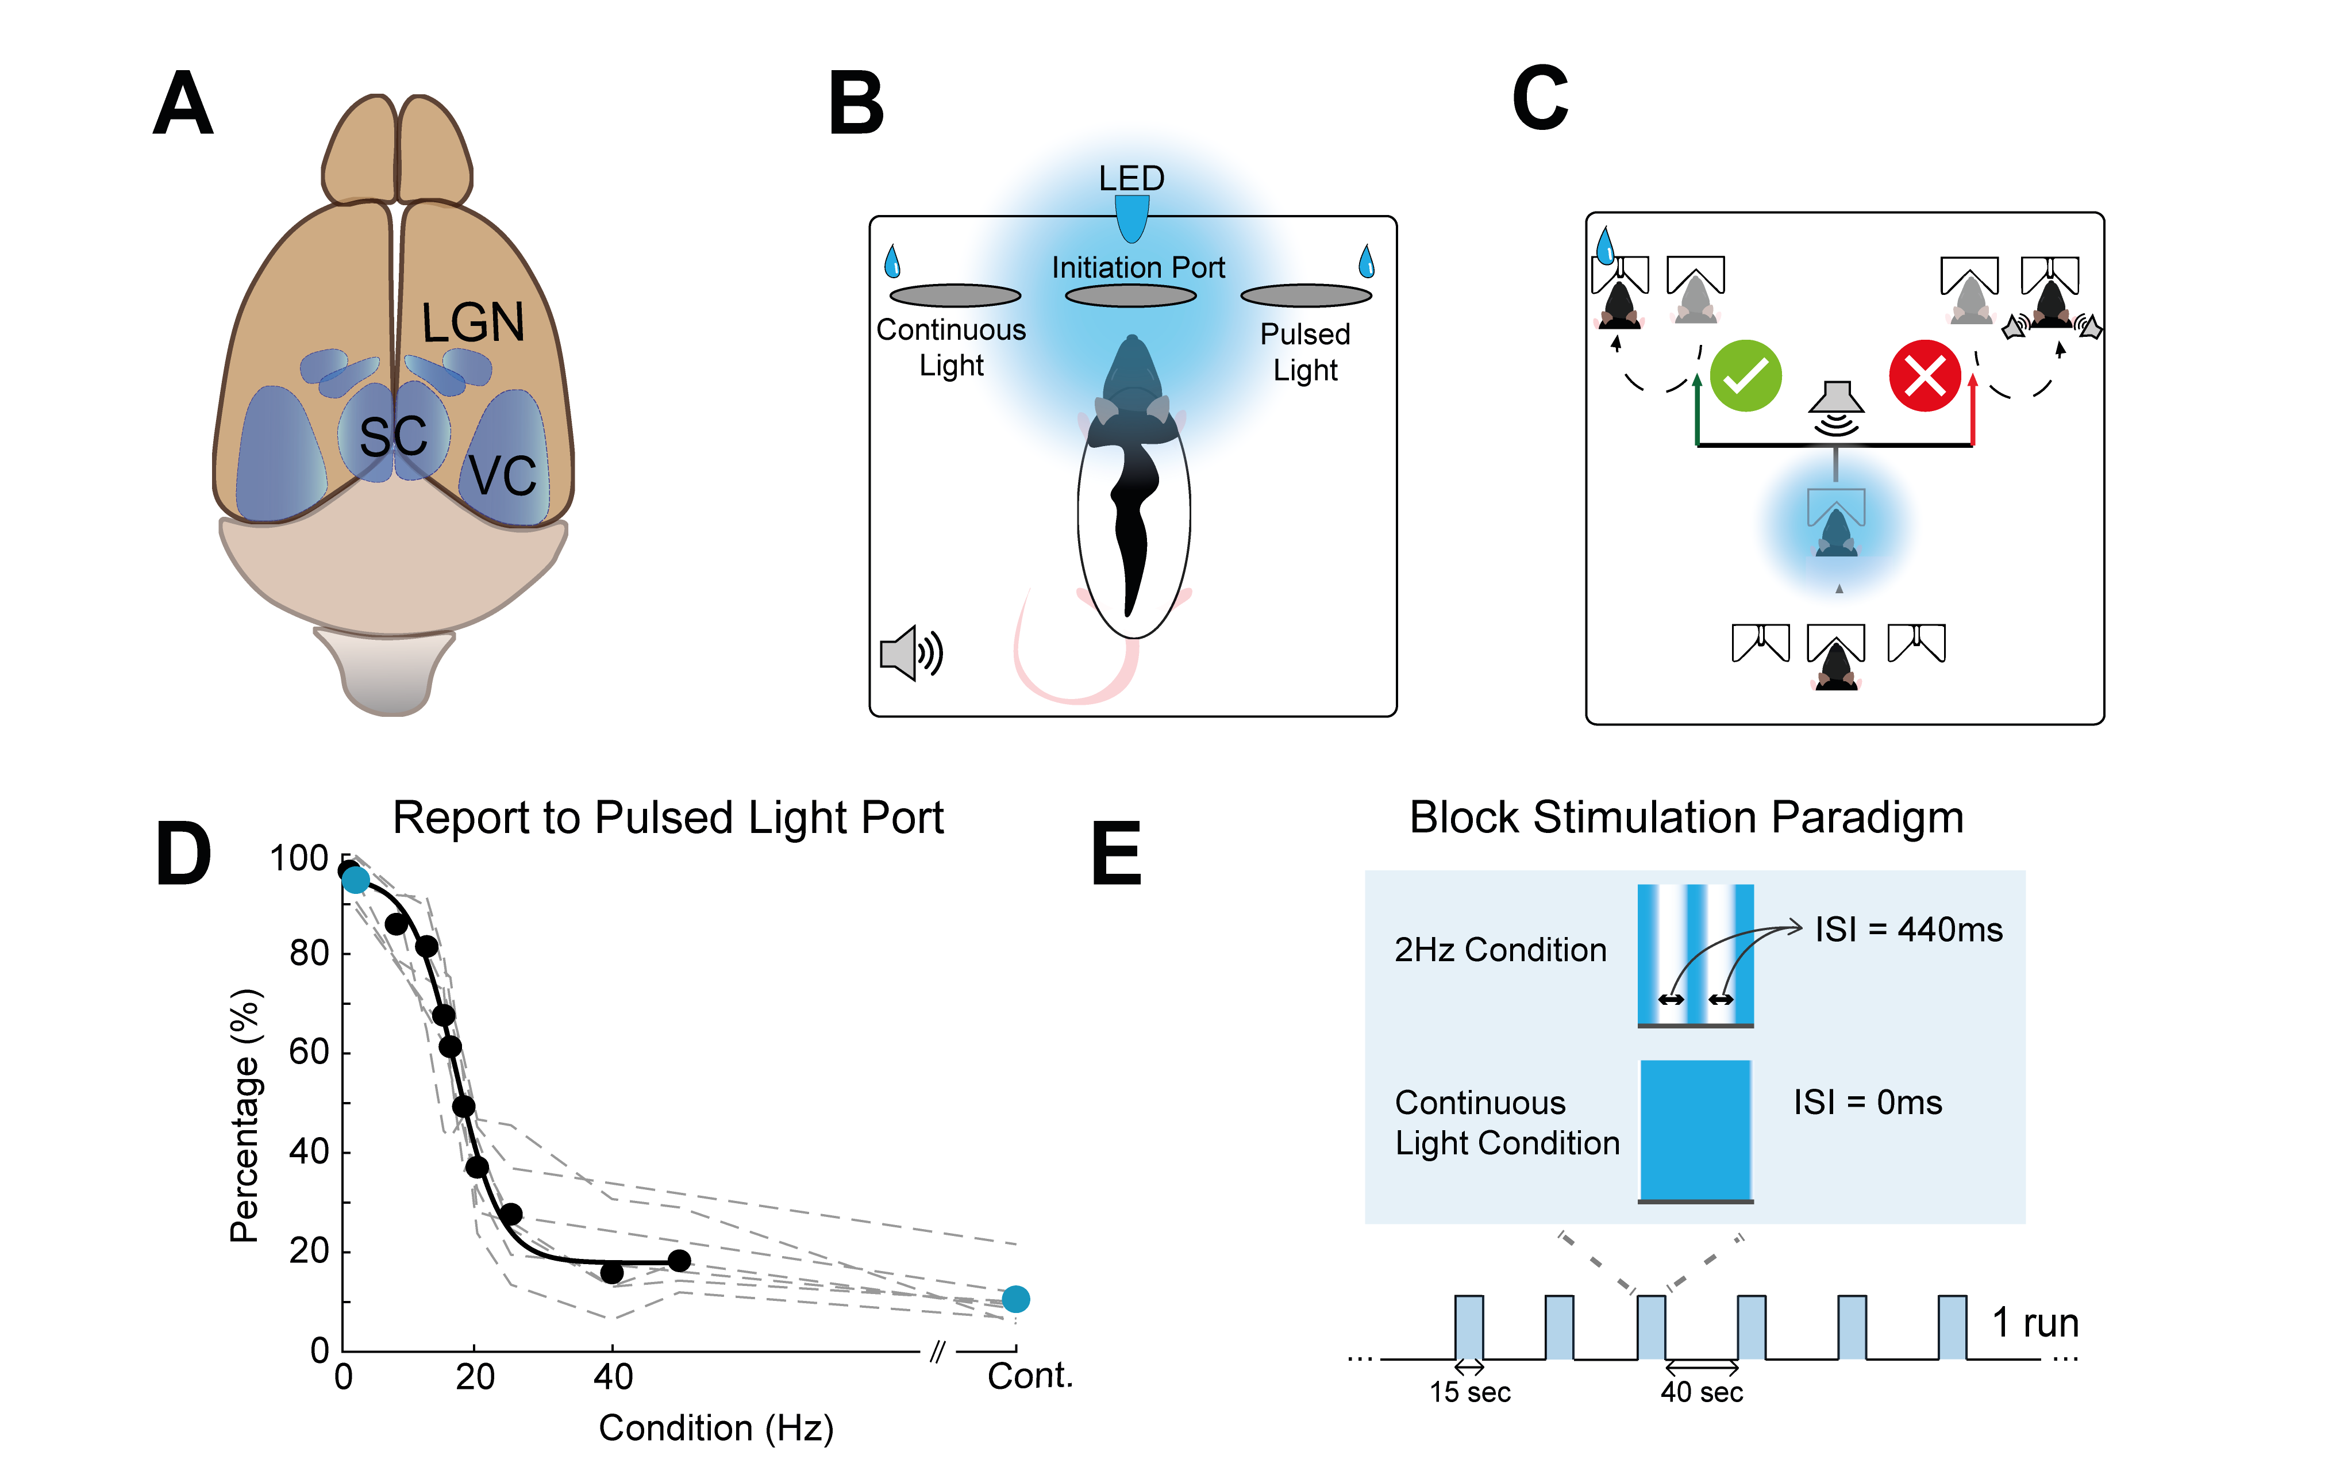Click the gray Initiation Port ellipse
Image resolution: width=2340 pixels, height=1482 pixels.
pos(1130,295)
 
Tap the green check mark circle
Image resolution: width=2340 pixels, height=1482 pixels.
pos(1745,376)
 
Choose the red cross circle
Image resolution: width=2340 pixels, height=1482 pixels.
pos(1924,376)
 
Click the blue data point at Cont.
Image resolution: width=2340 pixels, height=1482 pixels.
pos(1015,1298)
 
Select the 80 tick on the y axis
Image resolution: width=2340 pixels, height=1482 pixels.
pos(309,953)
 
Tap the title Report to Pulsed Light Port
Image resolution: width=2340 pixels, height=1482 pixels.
pos(668,818)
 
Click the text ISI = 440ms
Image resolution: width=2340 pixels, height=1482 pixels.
pos(1908,930)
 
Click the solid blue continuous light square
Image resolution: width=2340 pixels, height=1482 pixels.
pos(1696,1129)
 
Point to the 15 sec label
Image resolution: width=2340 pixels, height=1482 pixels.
pos(1469,1392)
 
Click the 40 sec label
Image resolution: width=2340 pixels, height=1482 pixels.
pos(1702,1392)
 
